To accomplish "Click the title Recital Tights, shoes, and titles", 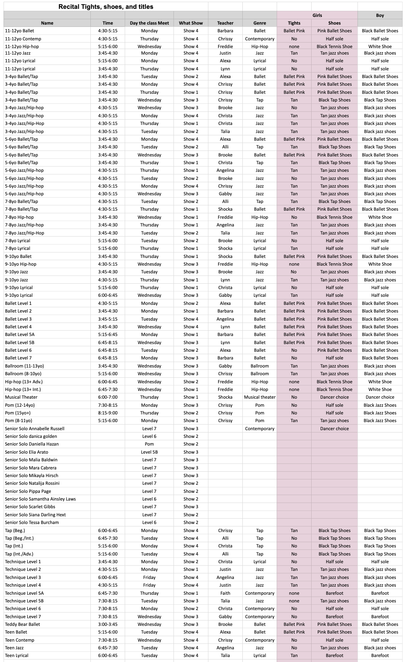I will (106, 7).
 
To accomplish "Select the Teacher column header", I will (225, 23).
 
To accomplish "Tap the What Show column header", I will (191, 23).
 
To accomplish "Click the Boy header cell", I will (380, 15).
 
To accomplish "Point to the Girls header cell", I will (317, 15).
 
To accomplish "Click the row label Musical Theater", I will (21, 397).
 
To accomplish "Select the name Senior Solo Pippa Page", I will (28, 491).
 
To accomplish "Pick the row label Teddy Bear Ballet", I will (22, 624).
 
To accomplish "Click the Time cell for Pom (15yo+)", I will (108, 413).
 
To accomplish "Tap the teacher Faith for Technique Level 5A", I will (225, 593).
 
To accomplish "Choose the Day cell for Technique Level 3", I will (149, 577).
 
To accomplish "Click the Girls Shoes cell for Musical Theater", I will (334, 397).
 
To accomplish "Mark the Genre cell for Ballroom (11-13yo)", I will (260, 366).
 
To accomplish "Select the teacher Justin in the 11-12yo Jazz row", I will (225, 53).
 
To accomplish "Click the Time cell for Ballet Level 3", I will (108, 319).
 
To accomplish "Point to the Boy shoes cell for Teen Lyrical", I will (380, 655).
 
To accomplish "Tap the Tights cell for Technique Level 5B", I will (294, 601).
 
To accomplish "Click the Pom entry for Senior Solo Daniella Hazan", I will (149, 444).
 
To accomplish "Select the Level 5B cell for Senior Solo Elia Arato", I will (149, 452).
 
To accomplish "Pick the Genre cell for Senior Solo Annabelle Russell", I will (260, 429).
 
